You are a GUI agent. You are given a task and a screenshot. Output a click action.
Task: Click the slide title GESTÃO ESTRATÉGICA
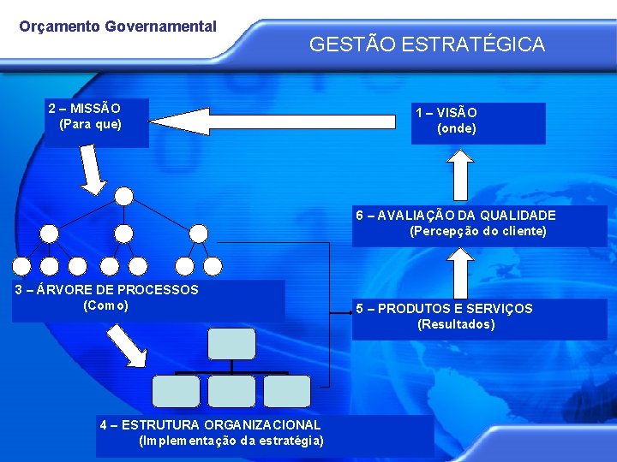[x=427, y=44]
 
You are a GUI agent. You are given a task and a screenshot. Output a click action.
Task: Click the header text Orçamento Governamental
[x=118, y=27]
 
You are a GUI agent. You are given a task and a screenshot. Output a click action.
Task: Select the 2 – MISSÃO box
[x=96, y=122]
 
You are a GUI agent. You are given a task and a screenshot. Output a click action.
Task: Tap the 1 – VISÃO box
[x=477, y=122]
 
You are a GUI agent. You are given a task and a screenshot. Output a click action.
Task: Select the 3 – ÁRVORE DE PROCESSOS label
[x=107, y=290]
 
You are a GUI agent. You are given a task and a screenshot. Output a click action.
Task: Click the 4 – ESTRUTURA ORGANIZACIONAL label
[x=210, y=424]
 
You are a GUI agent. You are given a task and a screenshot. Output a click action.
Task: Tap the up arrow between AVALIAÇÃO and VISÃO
[x=462, y=176]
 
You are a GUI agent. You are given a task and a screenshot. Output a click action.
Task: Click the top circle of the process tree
[x=124, y=196]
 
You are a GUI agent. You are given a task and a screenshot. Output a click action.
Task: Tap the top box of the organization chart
[x=232, y=343]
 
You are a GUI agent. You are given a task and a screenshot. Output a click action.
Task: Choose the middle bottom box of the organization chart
[x=231, y=391]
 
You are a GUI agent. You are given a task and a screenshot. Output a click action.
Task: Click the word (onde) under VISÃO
[x=457, y=129]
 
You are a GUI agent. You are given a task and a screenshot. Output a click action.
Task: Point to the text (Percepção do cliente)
[x=478, y=231]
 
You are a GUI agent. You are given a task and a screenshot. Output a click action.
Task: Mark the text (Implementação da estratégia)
[x=231, y=441]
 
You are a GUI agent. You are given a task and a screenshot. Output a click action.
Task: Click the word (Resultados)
[x=456, y=324]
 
